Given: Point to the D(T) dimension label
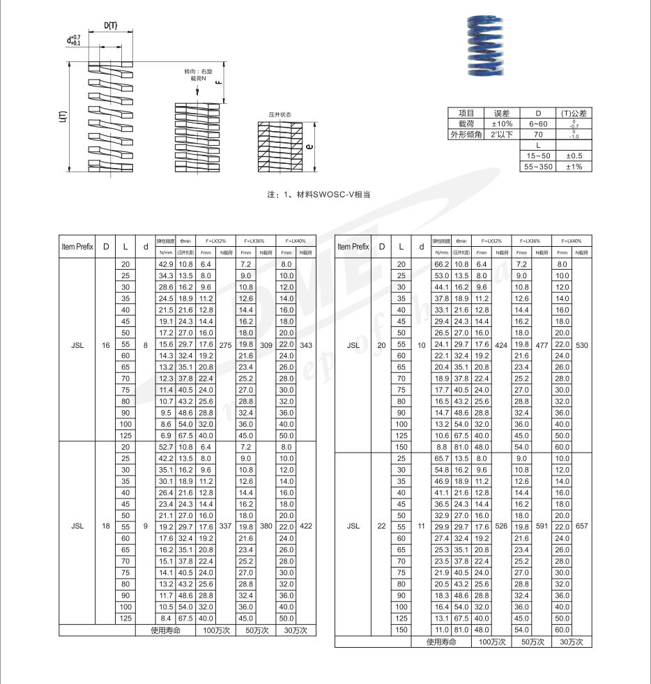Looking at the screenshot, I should click(111, 26).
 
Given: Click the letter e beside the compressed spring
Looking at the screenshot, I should click(309, 146).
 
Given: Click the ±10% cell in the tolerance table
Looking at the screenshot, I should click(502, 123).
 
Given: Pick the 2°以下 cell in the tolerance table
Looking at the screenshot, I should click(502, 134).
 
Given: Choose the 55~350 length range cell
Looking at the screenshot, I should click(537, 167).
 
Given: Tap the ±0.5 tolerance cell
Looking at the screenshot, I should click(574, 155).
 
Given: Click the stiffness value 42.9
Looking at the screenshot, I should click(165, 264).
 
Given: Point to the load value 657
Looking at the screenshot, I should click(582, 526).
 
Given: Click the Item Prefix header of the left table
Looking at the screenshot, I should click(77, 246).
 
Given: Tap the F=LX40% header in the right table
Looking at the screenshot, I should click(571, 241).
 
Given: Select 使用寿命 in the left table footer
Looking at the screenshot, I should click(166, 630).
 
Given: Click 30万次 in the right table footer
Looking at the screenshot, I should click(571, 641).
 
